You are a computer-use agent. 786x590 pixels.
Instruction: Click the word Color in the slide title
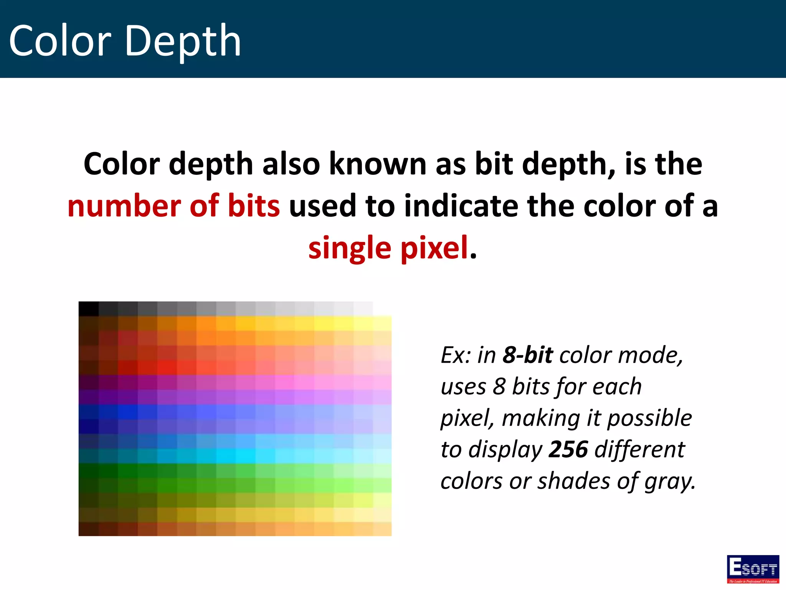[60, 41]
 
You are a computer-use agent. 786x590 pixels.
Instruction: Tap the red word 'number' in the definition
[124, 206]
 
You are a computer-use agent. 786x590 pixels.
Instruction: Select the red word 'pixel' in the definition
[434, 249]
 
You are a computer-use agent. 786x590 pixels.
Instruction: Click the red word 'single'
[350, 249]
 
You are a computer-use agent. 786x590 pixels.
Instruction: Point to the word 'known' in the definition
[378, 164]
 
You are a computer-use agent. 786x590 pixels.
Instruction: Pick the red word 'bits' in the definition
[254, 206]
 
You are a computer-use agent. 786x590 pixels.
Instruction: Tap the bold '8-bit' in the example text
[528, 355]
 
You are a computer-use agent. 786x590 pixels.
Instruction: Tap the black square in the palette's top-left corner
[89, 309]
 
